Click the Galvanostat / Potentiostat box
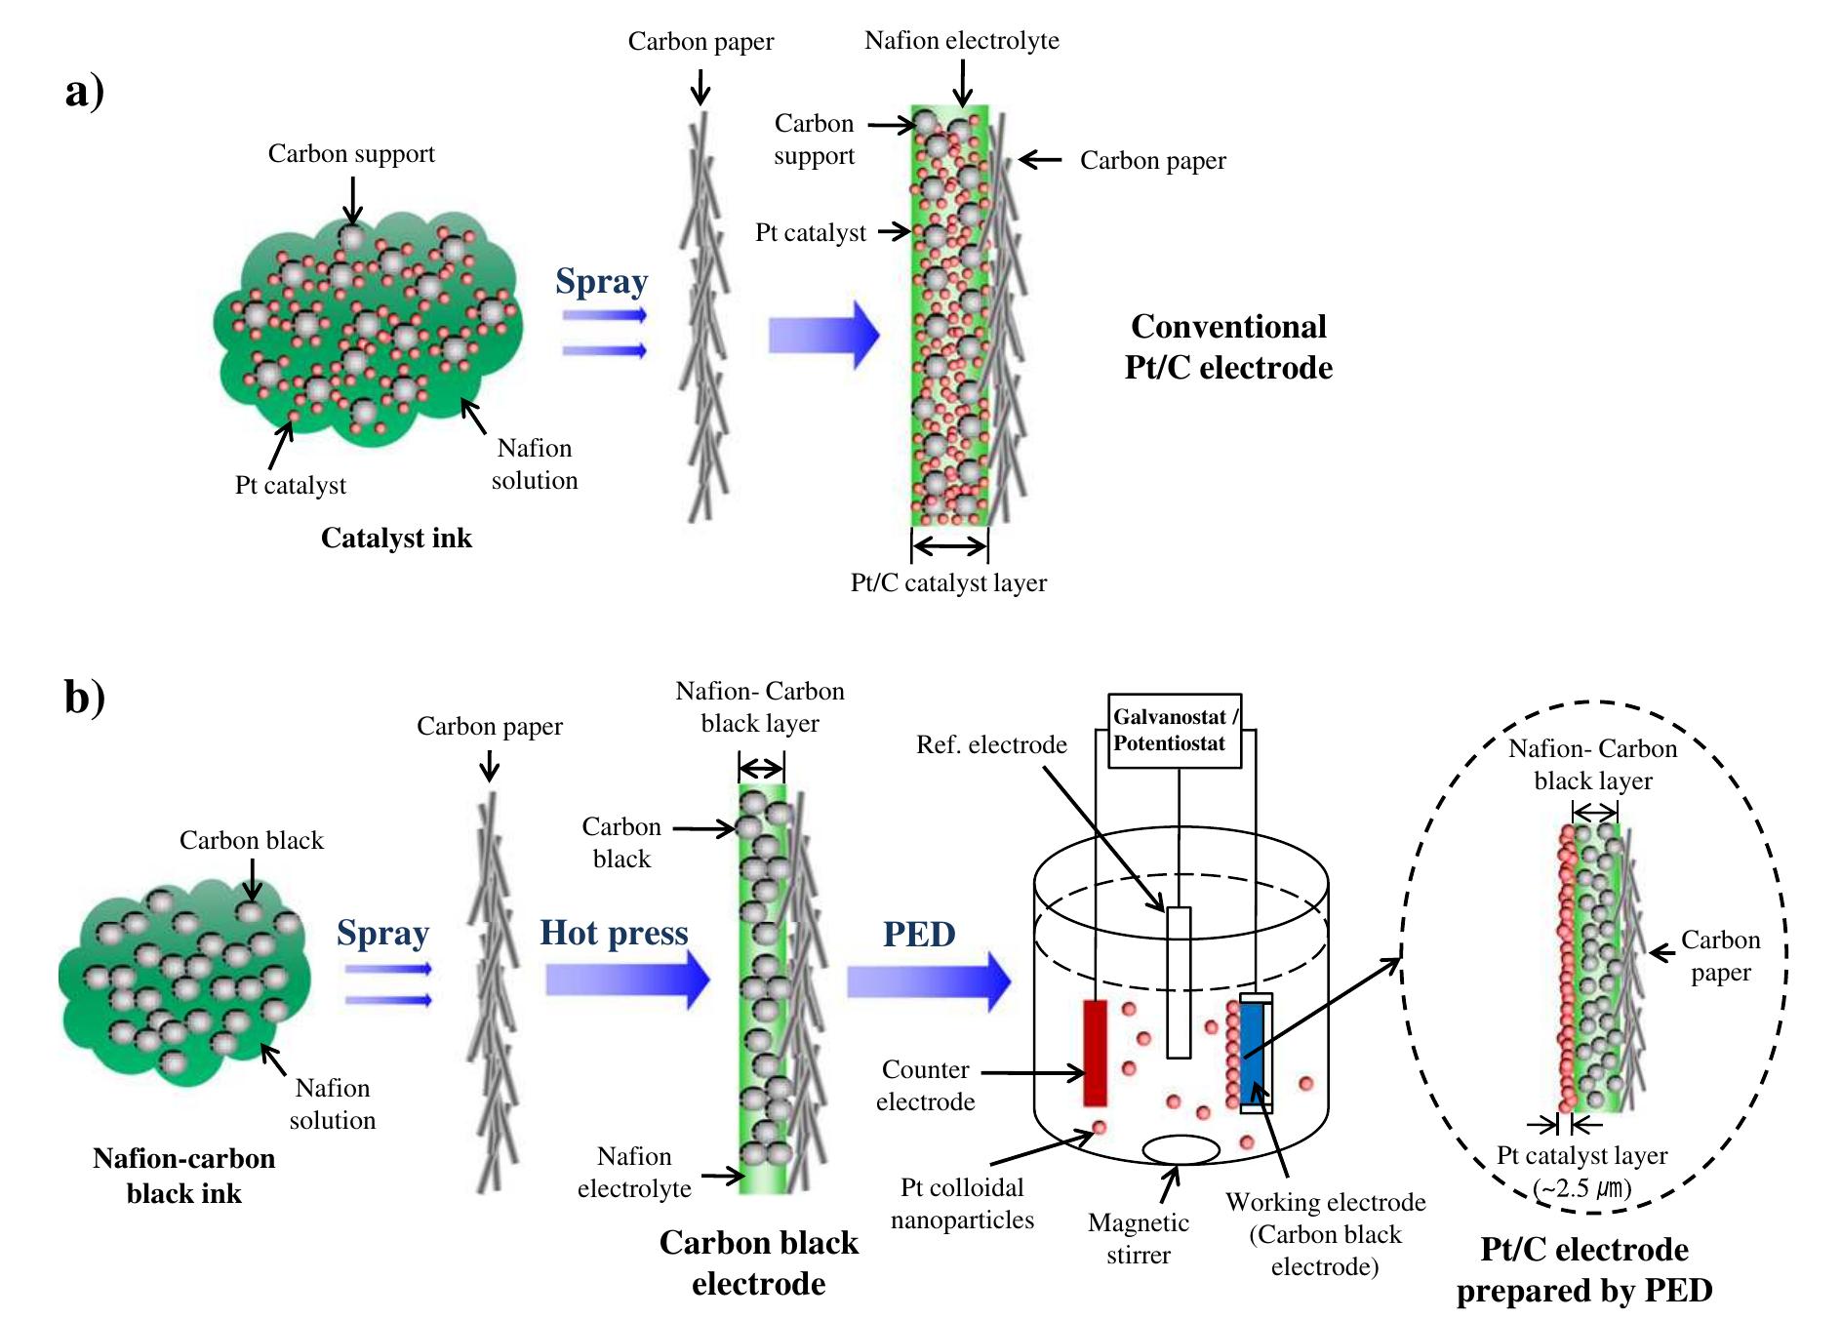pos(1175,731)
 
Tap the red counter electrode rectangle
pos(1095,1052)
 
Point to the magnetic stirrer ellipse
pos(1181,1149)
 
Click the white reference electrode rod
pos(1179,981)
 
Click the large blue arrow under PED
pos(927,980)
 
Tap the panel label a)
pos(85,92)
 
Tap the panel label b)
pos(85,697)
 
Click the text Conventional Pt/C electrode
pos(1228,346)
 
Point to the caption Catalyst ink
pos(396,539)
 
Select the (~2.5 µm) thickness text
pos(1581,1188)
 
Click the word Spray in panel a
pos(601,281)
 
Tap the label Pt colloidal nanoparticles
pos(962,1203)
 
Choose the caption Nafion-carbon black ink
pos(183,1176)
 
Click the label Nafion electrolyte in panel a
pos(961,41)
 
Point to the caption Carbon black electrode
pos(759,1262)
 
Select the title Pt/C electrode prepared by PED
pos(1584,1269)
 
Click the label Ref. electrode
pos(991,745)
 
